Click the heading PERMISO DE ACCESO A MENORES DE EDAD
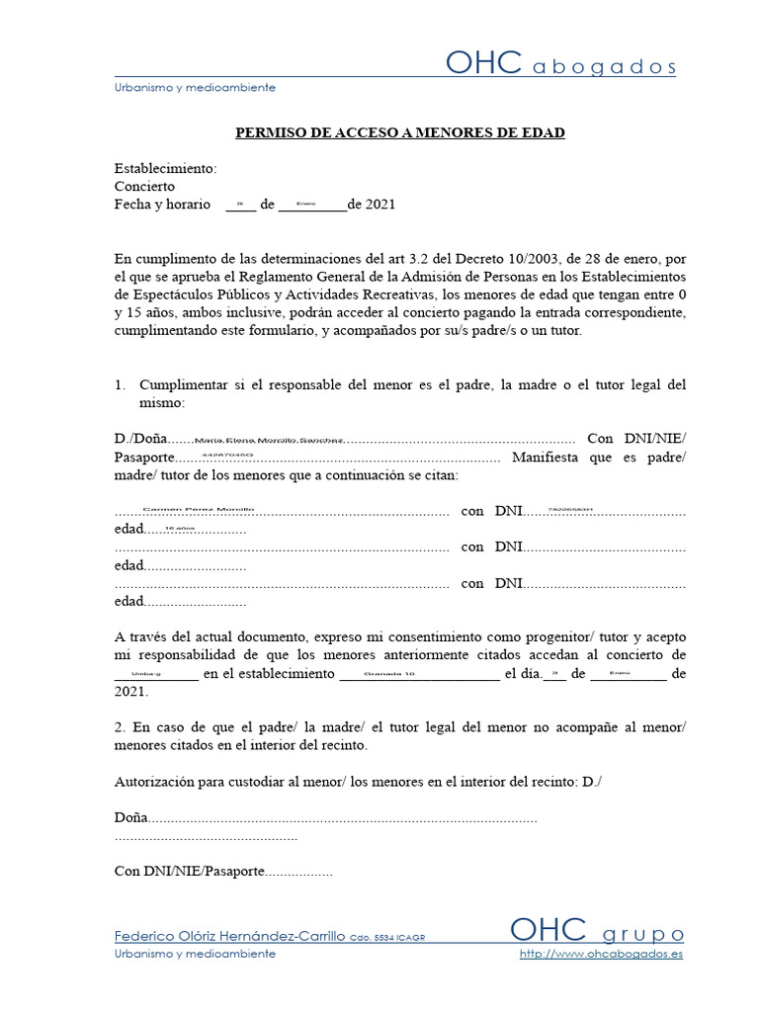(399, 132)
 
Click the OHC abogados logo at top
(560, 64)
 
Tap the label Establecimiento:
(165, 168)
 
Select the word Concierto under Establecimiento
(144, 186)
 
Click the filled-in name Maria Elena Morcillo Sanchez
(269, 440)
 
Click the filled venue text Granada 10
(390, 675)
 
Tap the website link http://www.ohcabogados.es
(601, 954)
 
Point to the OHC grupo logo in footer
(596, 932)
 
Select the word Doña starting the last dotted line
(130, 818)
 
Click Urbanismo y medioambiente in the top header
(195, 87)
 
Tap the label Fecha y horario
(162, 205)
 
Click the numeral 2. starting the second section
(121, 726)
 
